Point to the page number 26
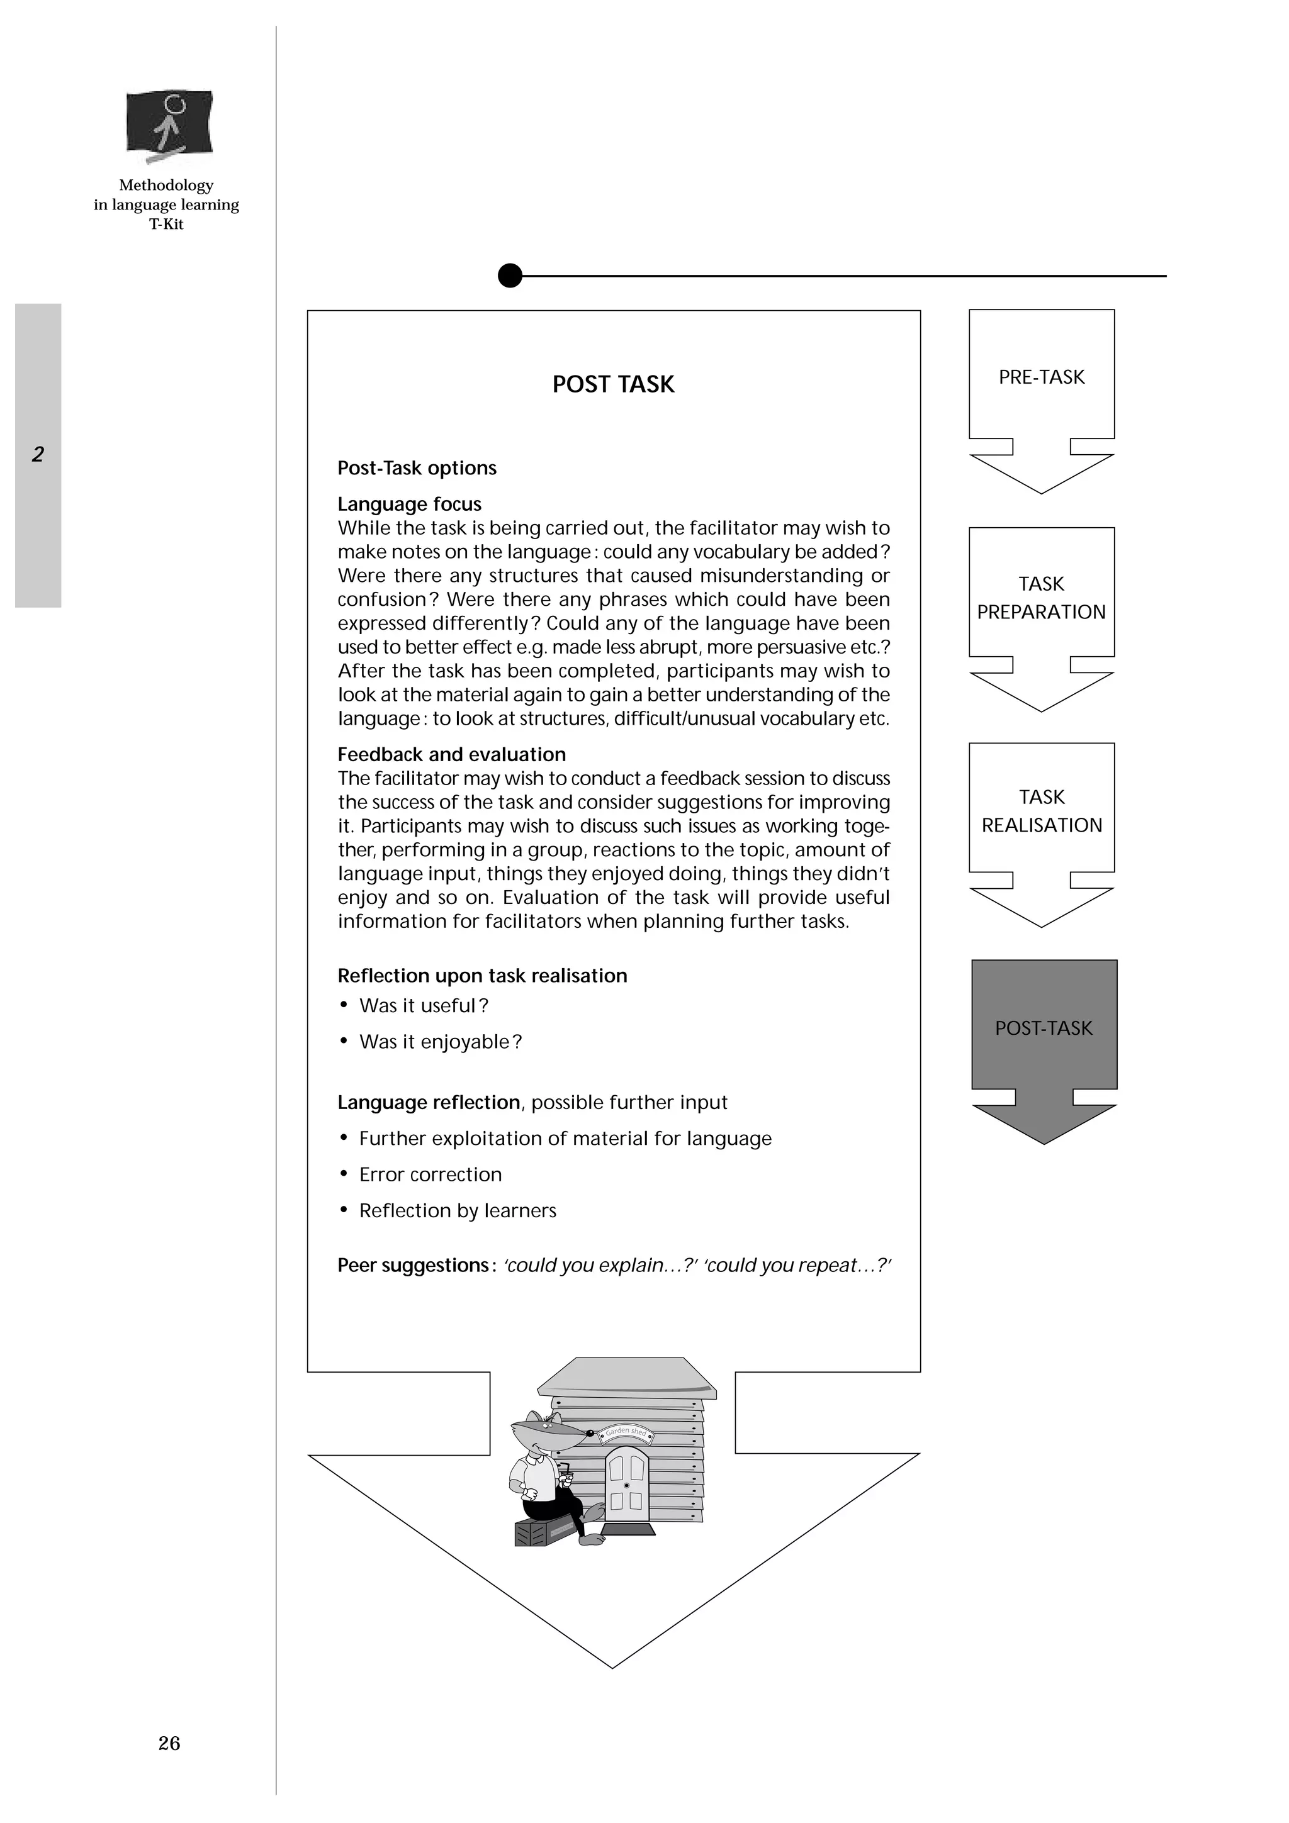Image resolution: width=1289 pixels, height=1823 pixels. pos(169,1743)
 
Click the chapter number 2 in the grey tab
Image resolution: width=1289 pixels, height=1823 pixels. pos(37,454)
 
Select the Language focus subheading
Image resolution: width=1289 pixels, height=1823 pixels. pos(409,504)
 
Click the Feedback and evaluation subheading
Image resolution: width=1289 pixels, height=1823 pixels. pos(451,754)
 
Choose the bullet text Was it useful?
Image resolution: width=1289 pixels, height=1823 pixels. pos(424,1006)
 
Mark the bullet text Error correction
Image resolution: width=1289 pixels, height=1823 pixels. pos(430,1174)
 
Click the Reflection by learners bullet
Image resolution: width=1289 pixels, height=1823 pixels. pos(457,1211)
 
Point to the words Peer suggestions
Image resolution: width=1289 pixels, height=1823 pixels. pos(412,1265)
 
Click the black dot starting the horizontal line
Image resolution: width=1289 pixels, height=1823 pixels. pos(510,276)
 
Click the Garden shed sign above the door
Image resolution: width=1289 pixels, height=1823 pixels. pos(627,1432)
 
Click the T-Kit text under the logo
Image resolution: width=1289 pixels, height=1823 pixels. pos(166,224)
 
